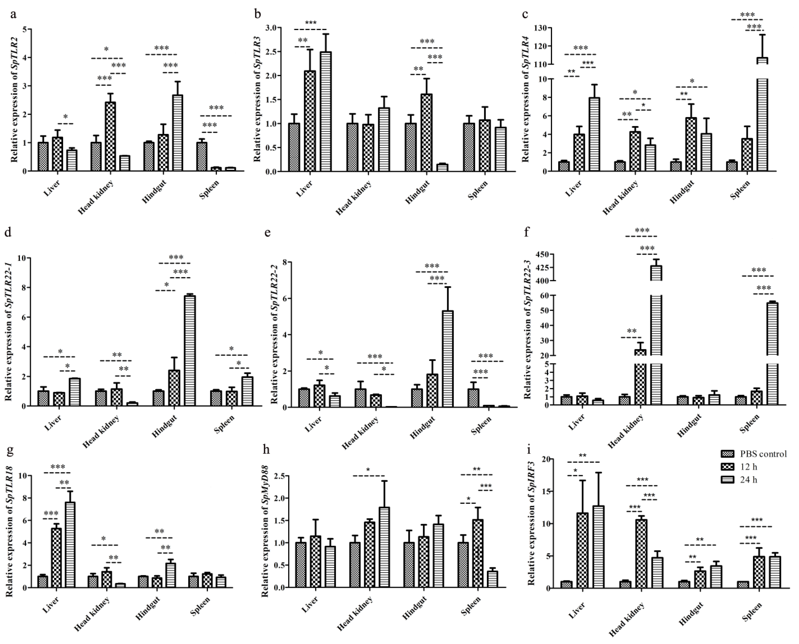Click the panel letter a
13,15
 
